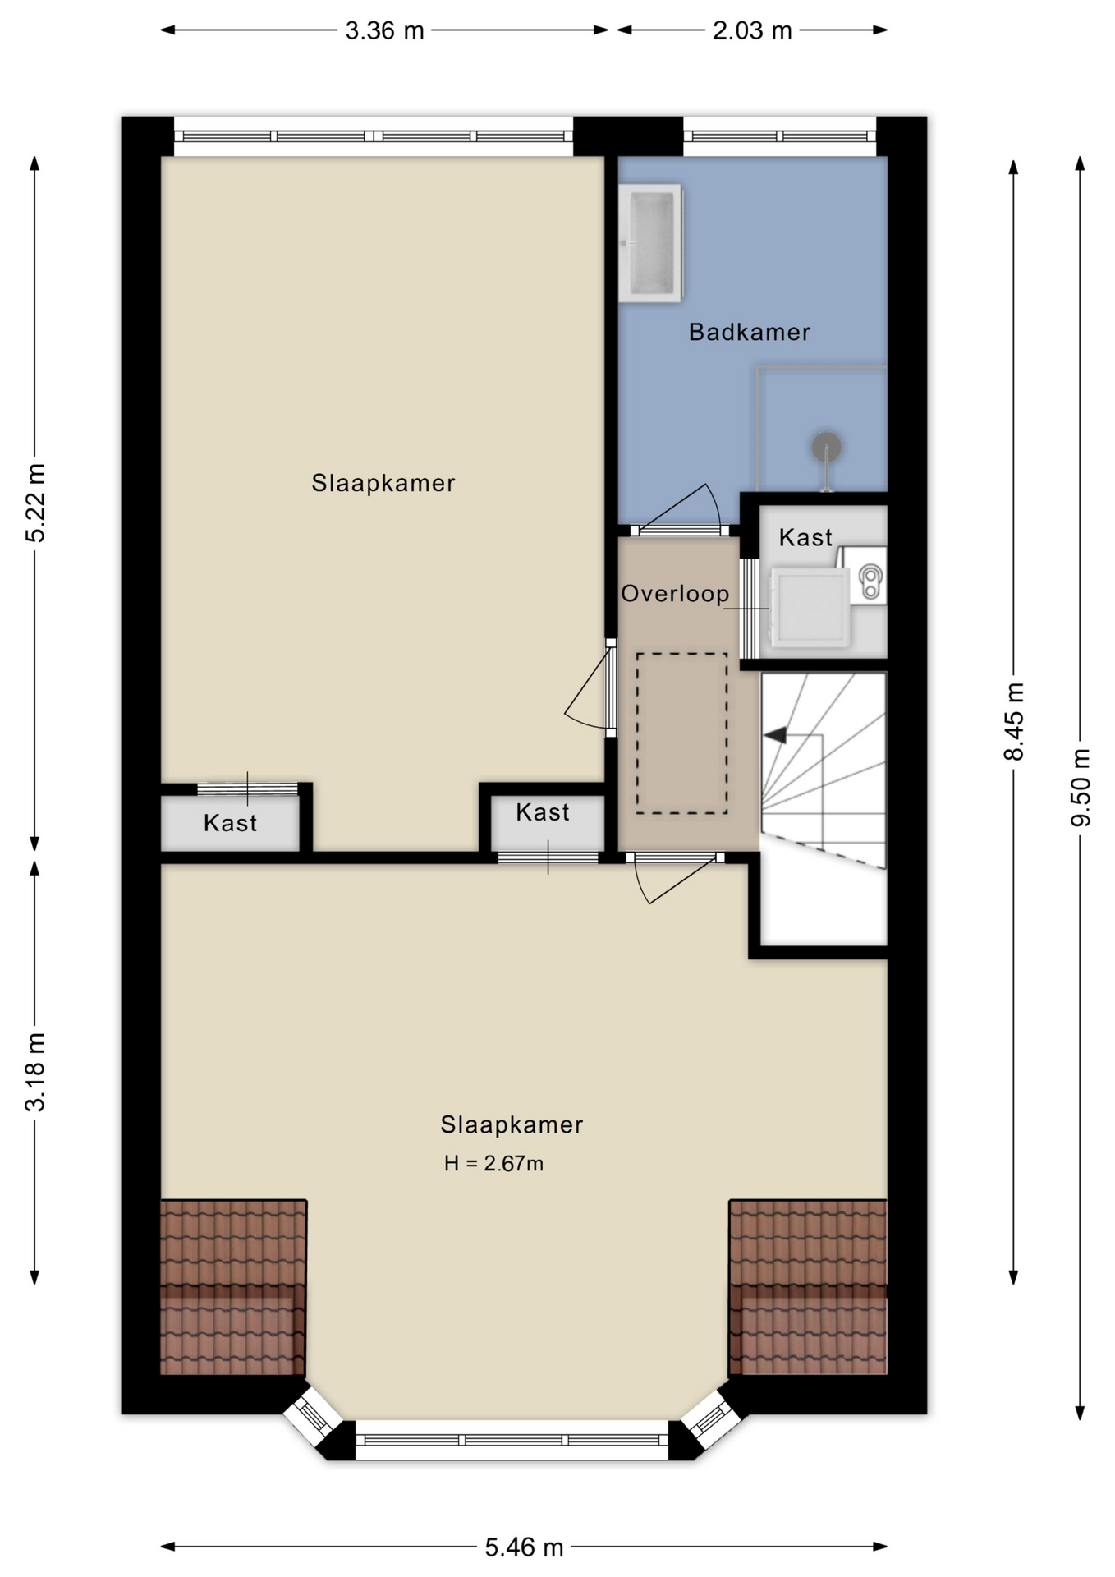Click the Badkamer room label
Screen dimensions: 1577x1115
749,332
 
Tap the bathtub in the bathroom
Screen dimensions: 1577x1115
650,243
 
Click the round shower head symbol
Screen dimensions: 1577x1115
826,447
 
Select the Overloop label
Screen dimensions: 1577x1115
674,594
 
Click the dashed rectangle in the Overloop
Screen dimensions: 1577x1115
681,733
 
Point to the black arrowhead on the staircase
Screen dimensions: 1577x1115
776,735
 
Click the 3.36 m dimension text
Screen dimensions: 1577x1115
384,31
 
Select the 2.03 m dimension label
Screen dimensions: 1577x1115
751,31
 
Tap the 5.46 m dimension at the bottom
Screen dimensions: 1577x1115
524,1547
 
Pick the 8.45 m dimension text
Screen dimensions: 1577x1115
1014,721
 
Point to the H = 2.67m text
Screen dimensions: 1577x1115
493,1163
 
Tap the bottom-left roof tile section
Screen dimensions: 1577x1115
232,1286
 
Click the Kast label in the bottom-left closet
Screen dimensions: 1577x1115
230,823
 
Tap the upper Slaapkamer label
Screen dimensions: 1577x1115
383,483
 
